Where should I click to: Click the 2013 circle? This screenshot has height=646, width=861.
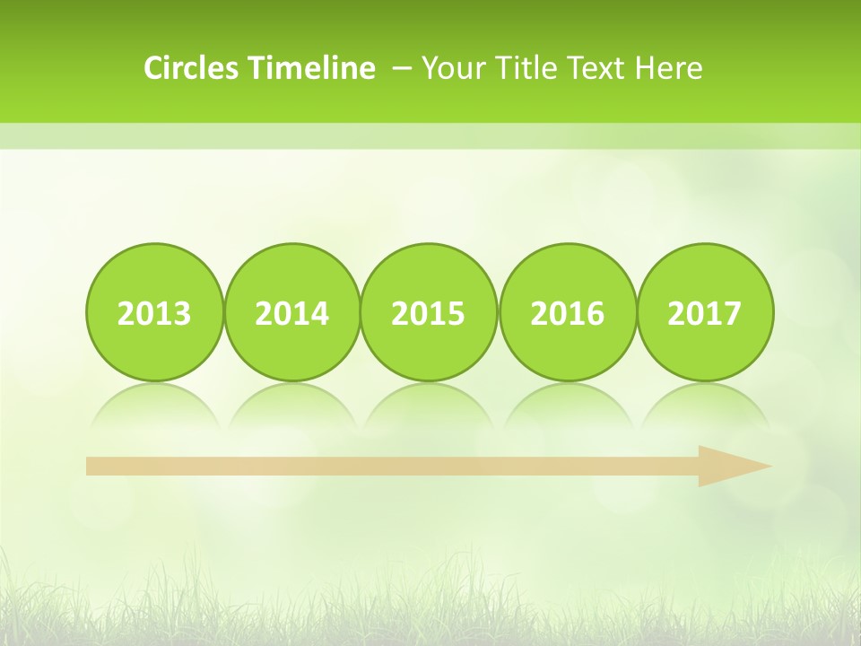[154, 312]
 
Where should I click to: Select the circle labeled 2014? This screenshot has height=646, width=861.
[292, 312]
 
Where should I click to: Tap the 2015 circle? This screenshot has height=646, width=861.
[429, 312]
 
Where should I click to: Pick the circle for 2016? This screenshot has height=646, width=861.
[568, 312]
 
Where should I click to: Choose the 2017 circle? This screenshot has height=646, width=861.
[705, 312]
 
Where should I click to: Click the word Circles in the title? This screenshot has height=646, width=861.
[192, 68]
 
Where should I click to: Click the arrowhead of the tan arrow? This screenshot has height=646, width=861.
[735, 466]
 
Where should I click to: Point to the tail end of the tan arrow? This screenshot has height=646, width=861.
[91, 466]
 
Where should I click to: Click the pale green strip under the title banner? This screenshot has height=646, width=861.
[430, 136]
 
